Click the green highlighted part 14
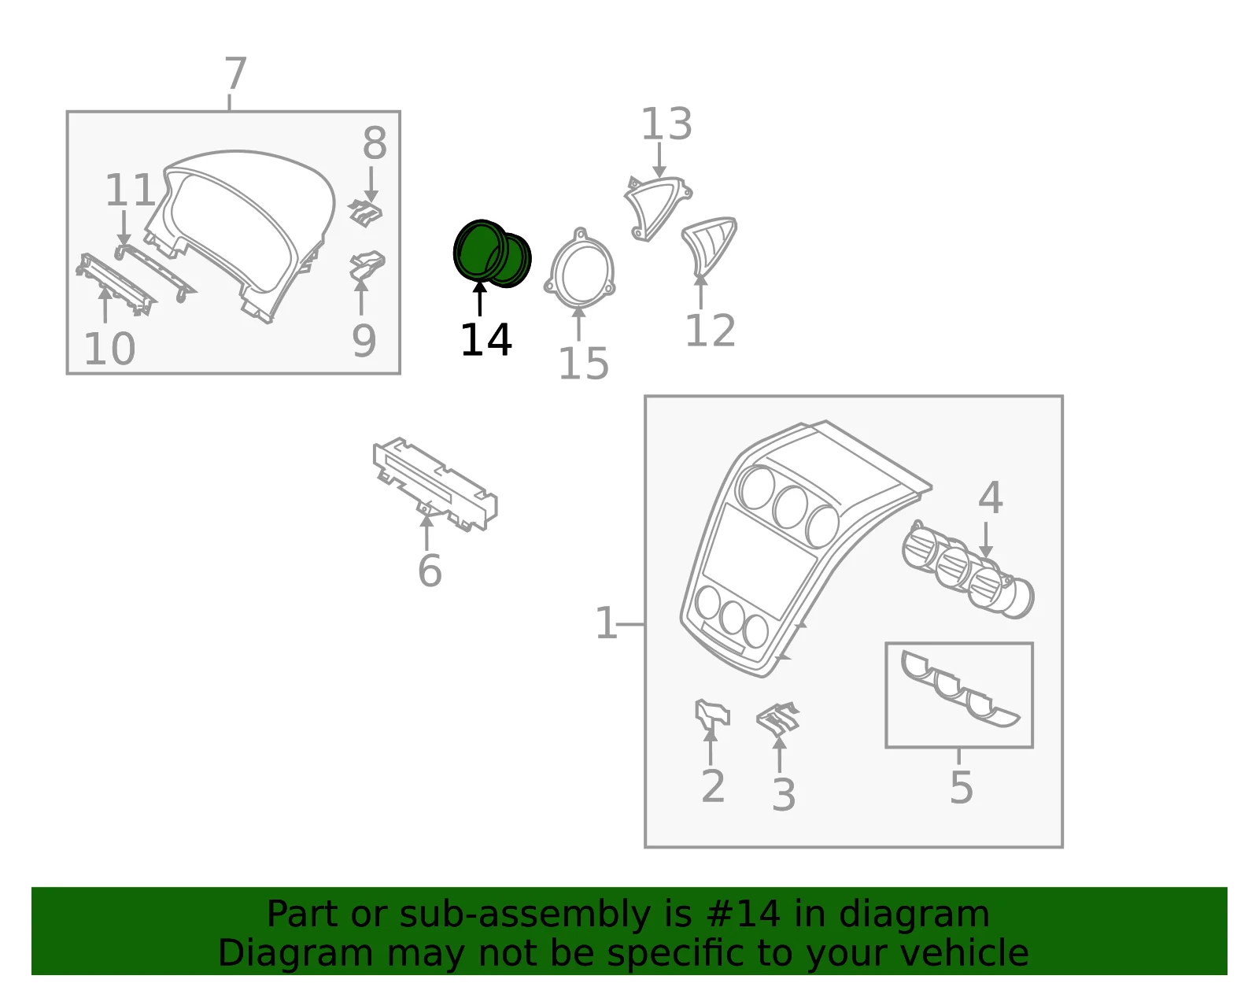(491, 253)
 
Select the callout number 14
(486, 340)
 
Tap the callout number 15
(583, 364)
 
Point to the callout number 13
(666, 124)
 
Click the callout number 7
(236, 73)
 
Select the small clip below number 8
(365, 212)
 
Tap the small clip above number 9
(367, 264)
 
